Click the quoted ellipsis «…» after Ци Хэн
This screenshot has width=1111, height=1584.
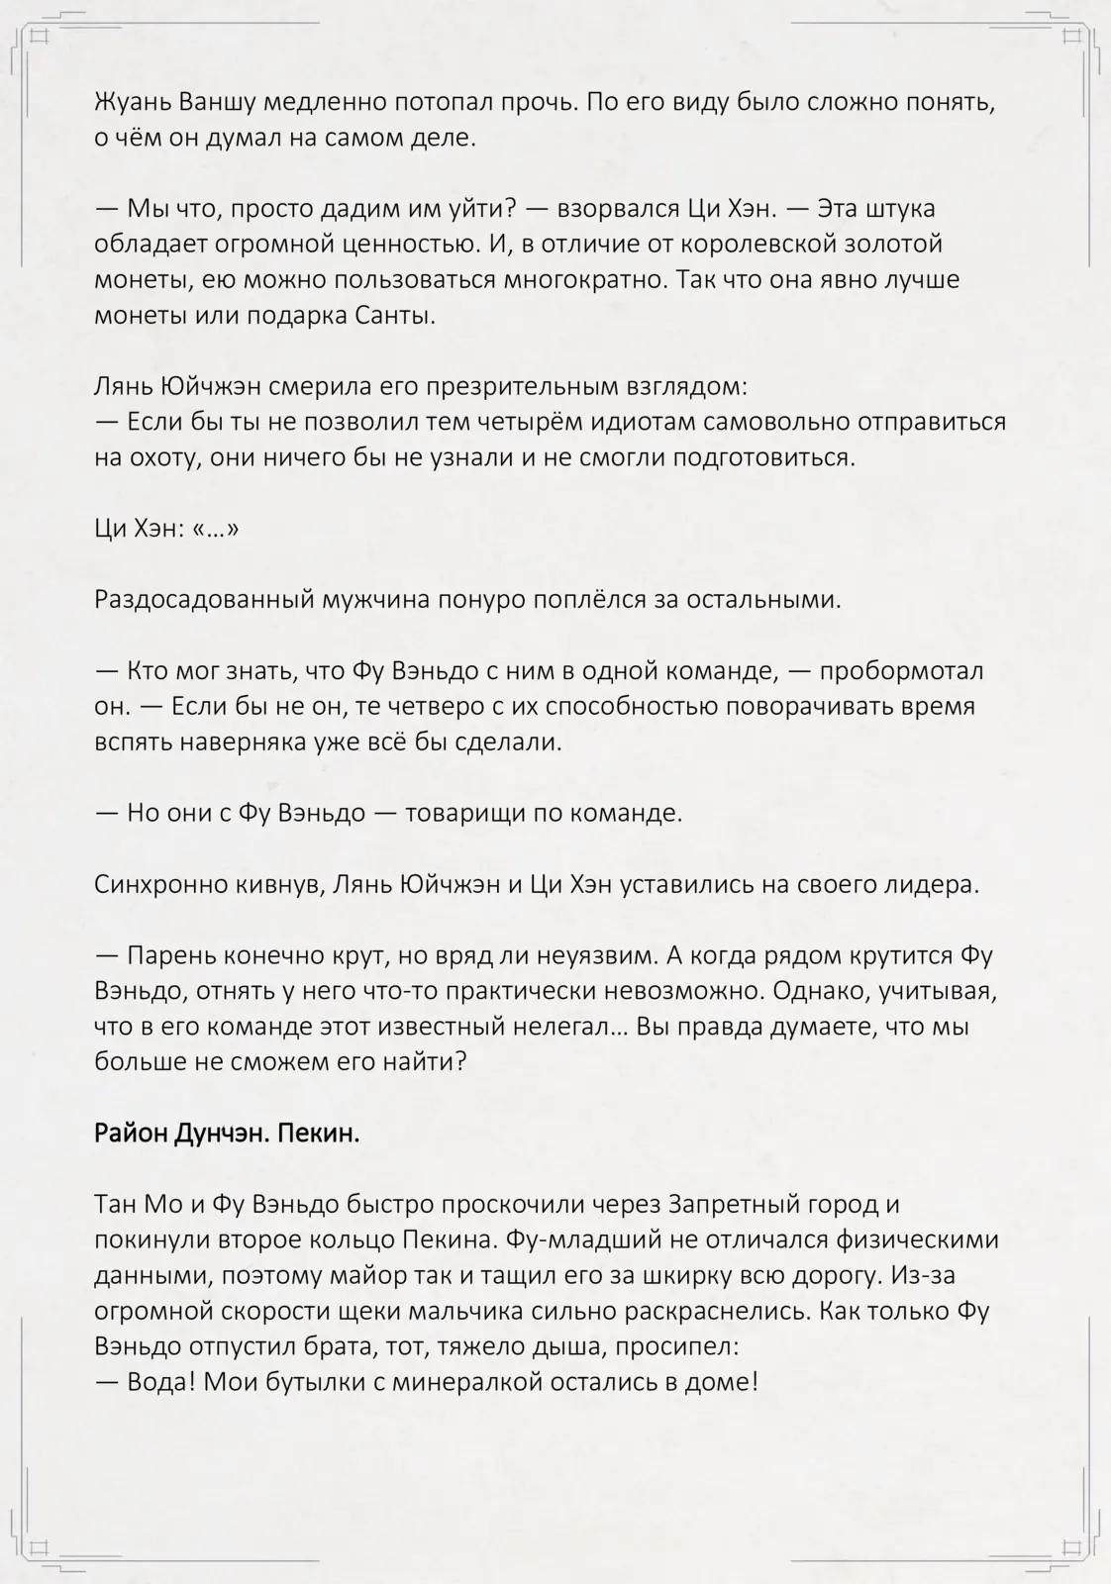tap(216, 529)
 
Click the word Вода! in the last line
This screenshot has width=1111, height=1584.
tap(160, 1382)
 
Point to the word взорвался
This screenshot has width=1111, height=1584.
tap(616, 209)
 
